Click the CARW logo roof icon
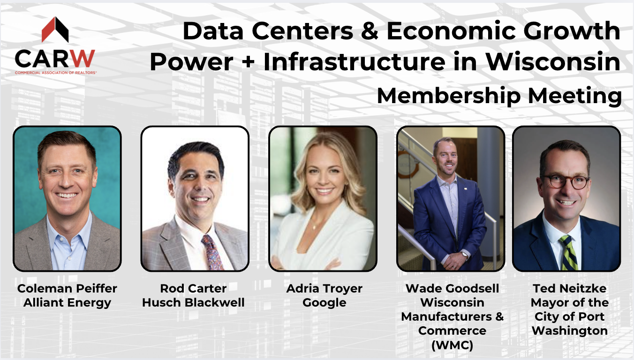55,30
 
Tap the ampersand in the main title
370,30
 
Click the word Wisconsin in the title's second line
553,61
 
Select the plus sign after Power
248,62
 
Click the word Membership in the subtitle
449,96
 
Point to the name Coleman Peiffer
67,289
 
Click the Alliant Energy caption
67,303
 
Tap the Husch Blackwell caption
193,302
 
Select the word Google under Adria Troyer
325,303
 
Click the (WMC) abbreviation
453,345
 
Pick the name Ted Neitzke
570,288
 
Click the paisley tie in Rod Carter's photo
212,252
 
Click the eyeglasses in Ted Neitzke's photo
566,182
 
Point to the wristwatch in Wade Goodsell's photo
464,255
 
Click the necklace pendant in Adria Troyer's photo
314,226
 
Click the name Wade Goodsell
453,288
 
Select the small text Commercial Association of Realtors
56,73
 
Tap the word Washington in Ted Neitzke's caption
570,330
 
